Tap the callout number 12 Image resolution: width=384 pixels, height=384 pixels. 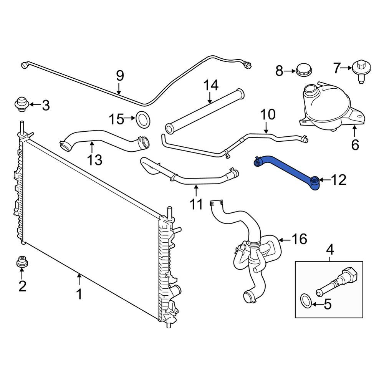(338, 180)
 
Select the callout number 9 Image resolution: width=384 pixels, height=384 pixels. (120, 76)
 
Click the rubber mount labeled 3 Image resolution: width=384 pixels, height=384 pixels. (22, 104)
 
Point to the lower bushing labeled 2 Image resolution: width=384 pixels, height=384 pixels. (22, 262)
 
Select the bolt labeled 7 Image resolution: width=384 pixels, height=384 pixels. (361, 71)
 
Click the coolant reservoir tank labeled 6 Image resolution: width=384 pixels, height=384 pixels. (332, 108)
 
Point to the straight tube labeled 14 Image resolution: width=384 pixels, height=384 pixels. (205, 111)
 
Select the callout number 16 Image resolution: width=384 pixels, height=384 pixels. (299, 239)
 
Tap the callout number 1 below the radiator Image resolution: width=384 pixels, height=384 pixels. (79, 294)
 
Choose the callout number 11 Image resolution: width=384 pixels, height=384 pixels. (196, 204)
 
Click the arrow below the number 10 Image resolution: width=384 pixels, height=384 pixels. (266, 127)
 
